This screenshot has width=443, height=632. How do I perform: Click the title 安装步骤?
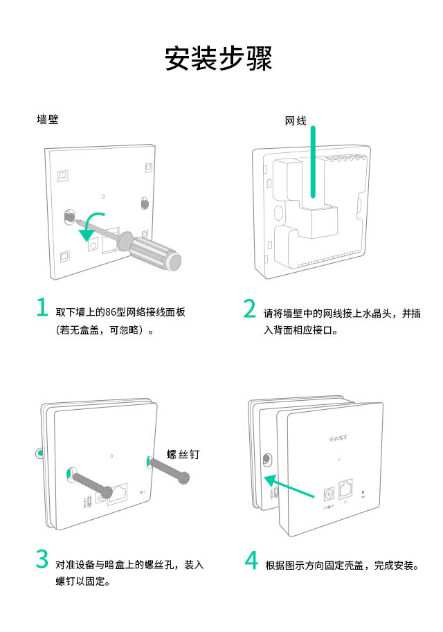[219, 58]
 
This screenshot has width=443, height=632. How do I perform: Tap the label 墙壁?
[48, 120]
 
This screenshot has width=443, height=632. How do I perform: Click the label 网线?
[296, 121]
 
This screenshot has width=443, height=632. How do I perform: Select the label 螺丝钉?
[183, 455]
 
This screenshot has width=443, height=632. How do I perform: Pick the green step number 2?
[250, 309]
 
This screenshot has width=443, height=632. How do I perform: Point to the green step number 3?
[42, 559]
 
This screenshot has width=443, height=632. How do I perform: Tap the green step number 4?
[251, 559]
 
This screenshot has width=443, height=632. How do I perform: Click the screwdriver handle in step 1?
[154, 251]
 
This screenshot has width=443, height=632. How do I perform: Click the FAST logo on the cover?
[338, 439]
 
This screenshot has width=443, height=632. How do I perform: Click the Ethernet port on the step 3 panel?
[118, 493]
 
